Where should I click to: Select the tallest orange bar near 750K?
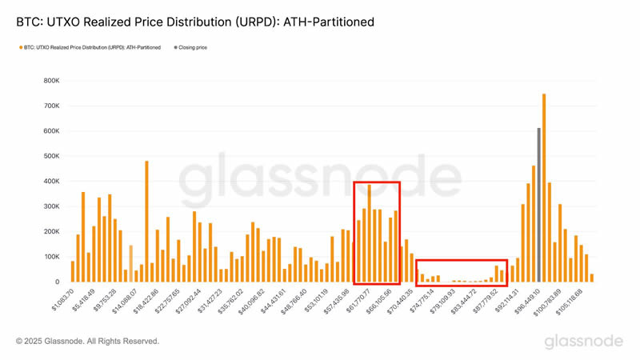click(544, 188)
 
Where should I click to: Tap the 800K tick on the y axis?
click(50, 81)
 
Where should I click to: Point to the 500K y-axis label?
click(50, 156)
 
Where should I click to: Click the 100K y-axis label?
click(50, 257)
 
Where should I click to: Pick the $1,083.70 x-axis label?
click(62, 300)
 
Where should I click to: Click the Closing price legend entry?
click(192, 47)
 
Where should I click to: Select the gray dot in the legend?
click(174, 47)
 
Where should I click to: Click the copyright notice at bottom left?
click(87, 342)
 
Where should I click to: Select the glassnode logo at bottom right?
click(583, 342)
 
